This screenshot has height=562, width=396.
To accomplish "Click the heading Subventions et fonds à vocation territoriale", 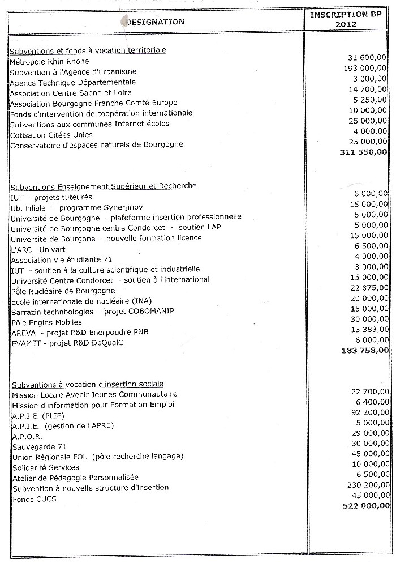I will click(88, 50).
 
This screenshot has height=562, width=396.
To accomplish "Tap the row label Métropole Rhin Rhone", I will click(50, 61).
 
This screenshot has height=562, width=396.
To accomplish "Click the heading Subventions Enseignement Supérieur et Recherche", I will click(104, 186).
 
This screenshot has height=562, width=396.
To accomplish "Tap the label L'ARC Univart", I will click(37, 248).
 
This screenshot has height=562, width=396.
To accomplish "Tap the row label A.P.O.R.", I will click(27, 436).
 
